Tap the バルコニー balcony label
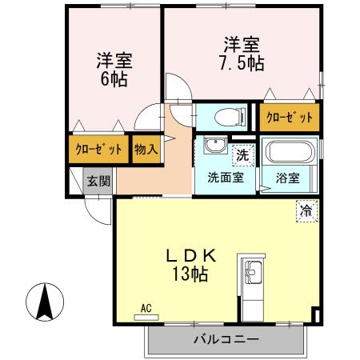pos(226,340)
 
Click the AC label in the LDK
pos(146,307)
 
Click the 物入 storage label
pos(145,150)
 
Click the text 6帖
pos(114,78)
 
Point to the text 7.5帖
pos(241,61)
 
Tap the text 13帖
pos(190,274)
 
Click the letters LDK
pos(190,255)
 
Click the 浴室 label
pos(288,178)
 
